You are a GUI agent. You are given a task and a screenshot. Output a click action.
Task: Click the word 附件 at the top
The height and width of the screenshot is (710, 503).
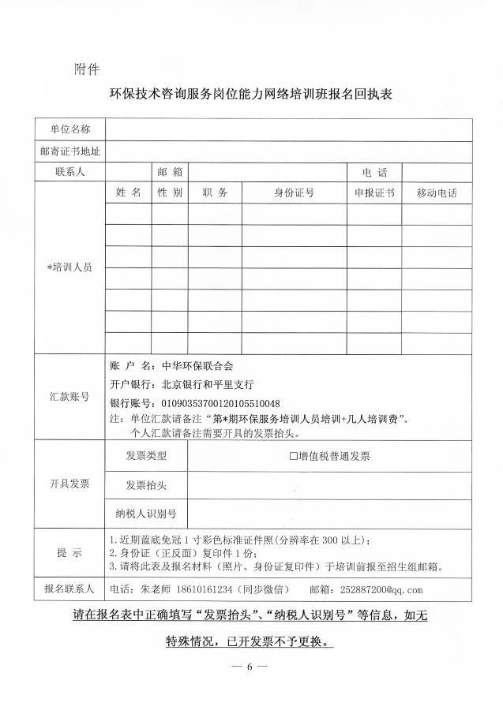[86, 69]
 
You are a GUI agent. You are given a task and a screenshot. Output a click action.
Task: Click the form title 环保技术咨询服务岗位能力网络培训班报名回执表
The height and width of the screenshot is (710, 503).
[251, 95]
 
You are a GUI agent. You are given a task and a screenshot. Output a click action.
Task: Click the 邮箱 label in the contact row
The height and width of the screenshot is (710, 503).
[170, 171]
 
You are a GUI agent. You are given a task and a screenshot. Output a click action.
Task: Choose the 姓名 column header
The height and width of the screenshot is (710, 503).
[128, 192]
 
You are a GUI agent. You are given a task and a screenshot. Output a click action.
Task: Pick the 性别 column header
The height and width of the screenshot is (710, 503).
[170, 192]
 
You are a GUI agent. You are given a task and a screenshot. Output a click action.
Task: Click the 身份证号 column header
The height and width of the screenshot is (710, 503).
[294, 192]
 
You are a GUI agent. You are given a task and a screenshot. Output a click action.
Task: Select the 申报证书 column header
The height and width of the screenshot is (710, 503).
[374, 192]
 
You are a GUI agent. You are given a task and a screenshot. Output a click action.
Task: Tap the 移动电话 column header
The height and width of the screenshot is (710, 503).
[430, 192]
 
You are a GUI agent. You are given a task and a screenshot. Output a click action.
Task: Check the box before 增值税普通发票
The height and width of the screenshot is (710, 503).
[294, 456]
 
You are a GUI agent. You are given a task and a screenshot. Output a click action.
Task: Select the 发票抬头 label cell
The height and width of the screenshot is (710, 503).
[146, 484]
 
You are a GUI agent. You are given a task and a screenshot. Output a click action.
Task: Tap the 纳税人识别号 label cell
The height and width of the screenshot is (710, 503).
[146, 514]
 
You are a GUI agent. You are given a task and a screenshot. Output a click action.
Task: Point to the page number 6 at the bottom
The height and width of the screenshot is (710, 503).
[250, 667]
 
